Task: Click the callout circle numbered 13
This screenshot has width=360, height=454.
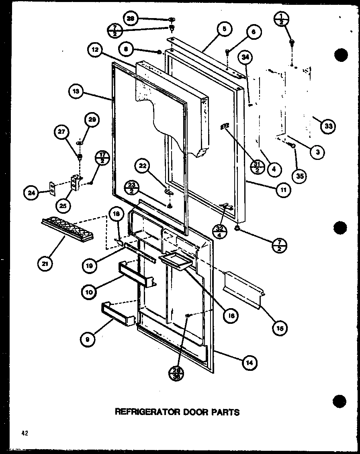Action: click(x=76, y=92)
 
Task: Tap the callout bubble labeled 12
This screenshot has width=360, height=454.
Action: click(x=95, y=51)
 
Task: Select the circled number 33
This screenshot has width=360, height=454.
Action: click(x=328, y=126)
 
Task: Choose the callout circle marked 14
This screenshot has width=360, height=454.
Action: click(x=249, y=363)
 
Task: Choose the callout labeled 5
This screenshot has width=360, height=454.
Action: click(x=223, y=29)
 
